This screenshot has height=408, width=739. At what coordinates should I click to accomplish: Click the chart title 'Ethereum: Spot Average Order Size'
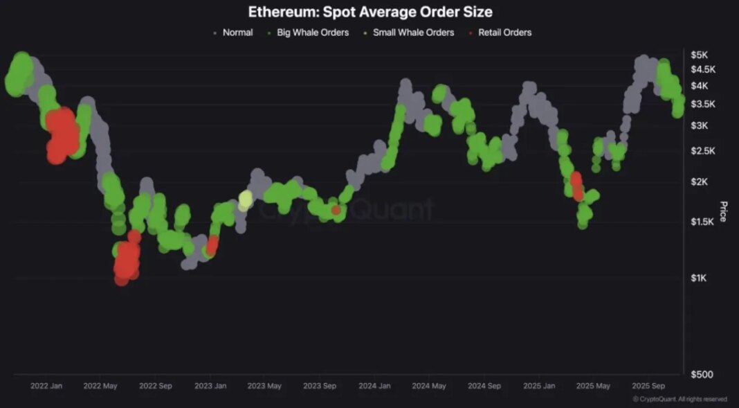pos(370,12)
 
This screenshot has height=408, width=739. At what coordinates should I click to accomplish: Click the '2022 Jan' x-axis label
pos(47,386)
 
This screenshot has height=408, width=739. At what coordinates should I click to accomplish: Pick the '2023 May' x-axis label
pos(264,386)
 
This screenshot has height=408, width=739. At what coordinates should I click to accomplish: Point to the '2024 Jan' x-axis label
pos(375,386)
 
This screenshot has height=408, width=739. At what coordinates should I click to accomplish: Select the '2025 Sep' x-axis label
pos(648,386)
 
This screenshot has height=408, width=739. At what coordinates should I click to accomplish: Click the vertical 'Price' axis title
pos(724,211)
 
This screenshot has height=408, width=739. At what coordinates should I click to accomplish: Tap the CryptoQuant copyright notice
pos(679,399)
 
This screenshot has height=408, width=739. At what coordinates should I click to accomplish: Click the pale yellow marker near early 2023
pos(245,200)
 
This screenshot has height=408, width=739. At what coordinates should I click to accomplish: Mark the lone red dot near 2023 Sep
pos(336,209)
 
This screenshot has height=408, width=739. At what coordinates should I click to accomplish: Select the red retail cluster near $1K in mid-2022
pos(126,260)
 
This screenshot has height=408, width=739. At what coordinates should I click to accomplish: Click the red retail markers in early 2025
pos(576,186)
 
